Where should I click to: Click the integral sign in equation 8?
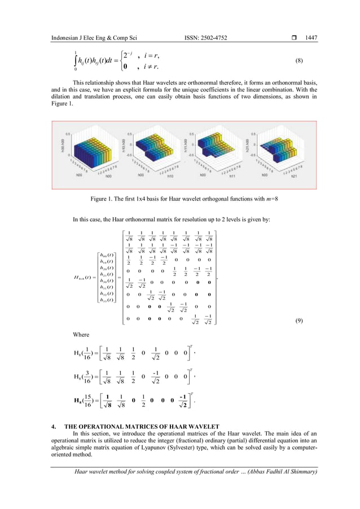pyautogui.click(x=75, y=62)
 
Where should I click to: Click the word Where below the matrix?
pyautogui.click(x=82, y=334)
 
